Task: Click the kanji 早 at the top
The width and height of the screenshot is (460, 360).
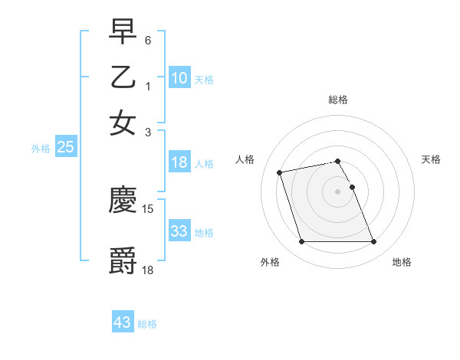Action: tap(123, 33)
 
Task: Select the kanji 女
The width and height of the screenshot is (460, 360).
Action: tap(123, 123)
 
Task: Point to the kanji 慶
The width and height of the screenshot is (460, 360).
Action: tap(123, 200)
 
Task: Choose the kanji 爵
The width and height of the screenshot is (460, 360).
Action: tap(123, 260)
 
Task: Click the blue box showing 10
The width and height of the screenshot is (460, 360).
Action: tap(179, 78)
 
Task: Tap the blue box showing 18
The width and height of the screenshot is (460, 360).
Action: tap(179, 162)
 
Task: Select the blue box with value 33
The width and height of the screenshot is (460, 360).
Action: tap(179, 231)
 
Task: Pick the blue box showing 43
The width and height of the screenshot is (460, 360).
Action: tap(123, 322)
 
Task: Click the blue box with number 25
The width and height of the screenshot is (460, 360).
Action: tap(65, 148)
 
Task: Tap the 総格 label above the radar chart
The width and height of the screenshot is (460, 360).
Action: tap(338, 100)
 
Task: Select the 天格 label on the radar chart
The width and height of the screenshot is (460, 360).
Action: tap(432, 159)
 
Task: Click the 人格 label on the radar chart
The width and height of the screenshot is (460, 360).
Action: tap(245, 159)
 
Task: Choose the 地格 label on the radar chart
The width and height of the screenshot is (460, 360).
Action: tap(402, 262)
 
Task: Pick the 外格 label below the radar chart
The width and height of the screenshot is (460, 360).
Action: tap(270, 262)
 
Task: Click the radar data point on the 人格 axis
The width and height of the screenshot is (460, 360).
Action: tap(280, 172)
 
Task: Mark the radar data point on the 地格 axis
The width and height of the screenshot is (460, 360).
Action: tap(373, 242)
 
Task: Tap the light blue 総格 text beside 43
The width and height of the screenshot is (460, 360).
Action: tap(147, 324)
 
